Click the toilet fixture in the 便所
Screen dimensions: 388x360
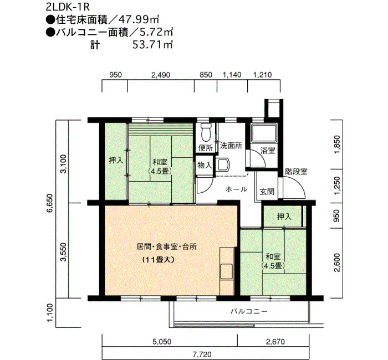206,131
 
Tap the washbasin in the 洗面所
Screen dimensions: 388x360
224,164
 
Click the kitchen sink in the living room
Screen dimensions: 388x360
226,271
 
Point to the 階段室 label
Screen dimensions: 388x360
296,171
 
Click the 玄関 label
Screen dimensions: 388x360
267,191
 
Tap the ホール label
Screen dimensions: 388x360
236,189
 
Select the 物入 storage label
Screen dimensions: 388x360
205,165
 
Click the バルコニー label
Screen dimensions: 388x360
249,311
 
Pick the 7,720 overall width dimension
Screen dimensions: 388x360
202,355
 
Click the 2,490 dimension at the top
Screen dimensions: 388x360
161,75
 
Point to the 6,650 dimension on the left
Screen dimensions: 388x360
49,203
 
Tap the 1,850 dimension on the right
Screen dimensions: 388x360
337,145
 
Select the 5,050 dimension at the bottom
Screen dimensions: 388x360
162,342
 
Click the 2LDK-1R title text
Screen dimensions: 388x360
67,7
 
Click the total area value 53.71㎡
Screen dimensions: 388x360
152,45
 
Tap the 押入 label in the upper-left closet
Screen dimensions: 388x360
116,161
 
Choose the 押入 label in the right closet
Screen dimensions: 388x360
284,217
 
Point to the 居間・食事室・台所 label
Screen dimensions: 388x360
166,247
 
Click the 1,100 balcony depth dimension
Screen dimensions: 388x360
49,313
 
